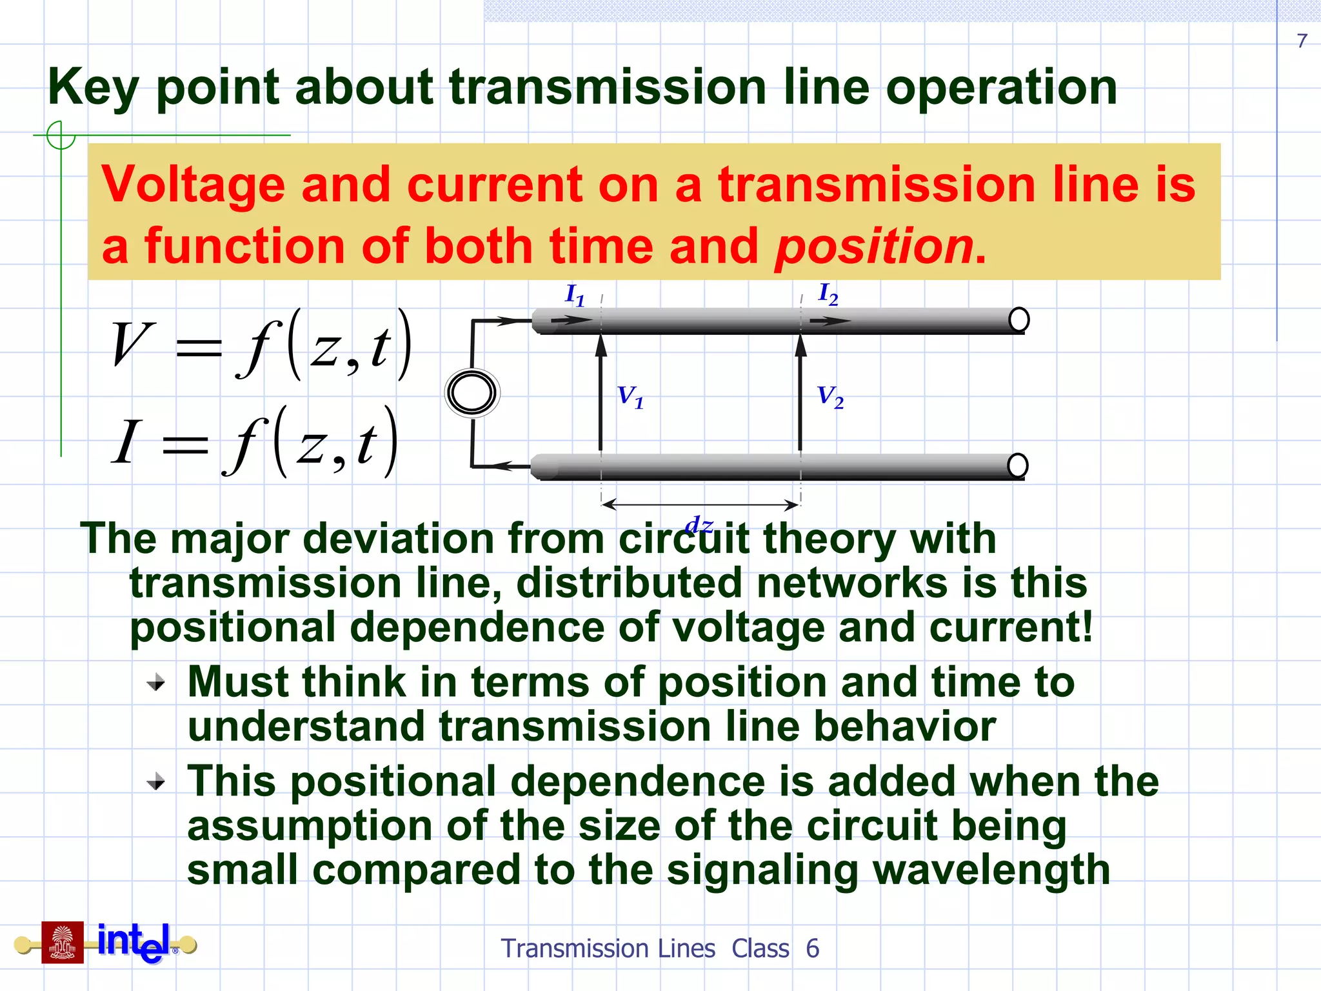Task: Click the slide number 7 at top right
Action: (x=1302, y=41)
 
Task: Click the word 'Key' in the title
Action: (x=93, y=88)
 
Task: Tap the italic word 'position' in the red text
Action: (x=874, y=246)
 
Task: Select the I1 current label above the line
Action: (x=575, y=295)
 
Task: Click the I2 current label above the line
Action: (x=828, y=294)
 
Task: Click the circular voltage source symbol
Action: (x=472, y=393)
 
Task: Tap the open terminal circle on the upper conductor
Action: (x=1018, y=319)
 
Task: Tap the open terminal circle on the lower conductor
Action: (x=1017, y=465)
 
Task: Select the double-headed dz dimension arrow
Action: (x=700, y=505)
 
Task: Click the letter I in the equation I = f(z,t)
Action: (x=126, y=442)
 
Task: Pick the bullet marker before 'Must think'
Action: (x=155, y=682)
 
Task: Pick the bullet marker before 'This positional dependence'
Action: (x=155, y=783)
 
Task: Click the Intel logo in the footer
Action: (x=134, y=943)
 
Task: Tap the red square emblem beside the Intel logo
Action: (x=63, y=943)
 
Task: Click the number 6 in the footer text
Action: (x=812, y=948)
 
